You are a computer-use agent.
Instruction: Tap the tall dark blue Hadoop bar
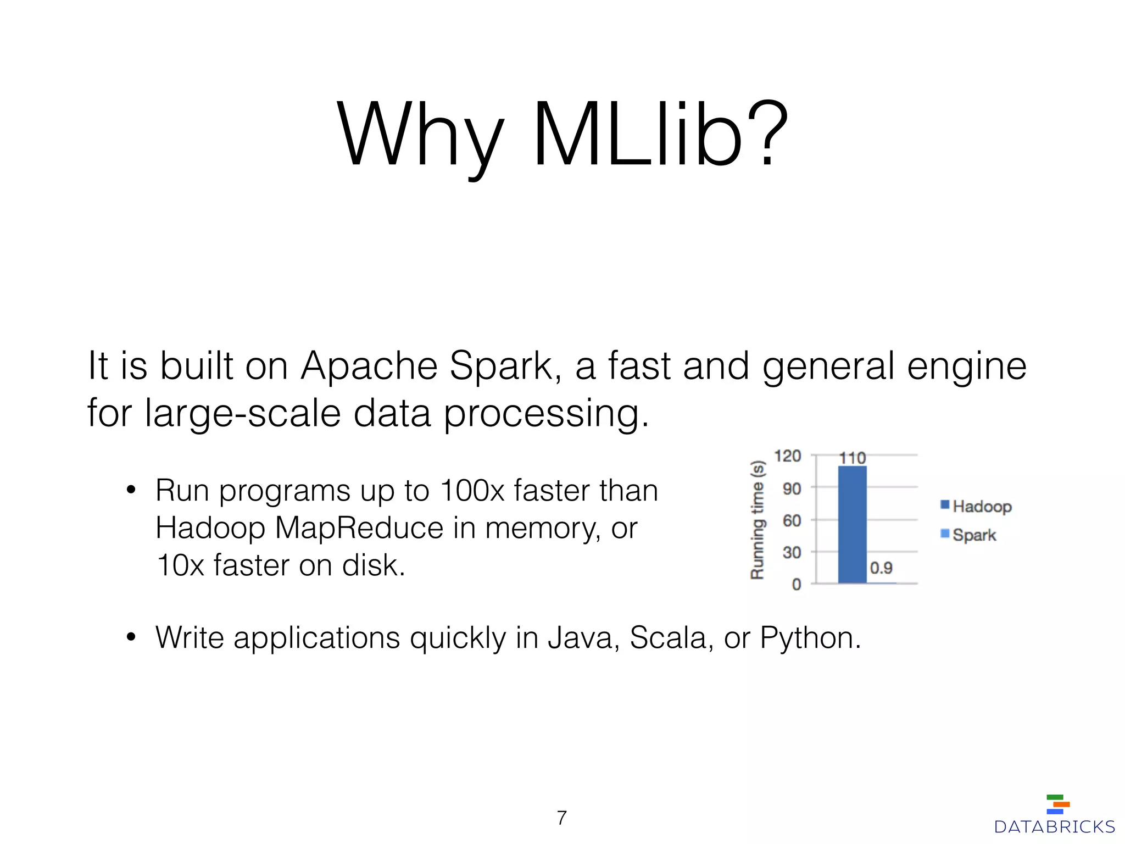[852, 525]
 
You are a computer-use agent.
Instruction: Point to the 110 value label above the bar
[852, 458]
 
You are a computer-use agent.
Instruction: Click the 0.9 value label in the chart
[881, 568]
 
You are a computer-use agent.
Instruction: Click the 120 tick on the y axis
[787, 456]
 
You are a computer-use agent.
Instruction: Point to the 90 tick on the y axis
[792, 488]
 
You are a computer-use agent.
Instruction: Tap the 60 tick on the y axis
[792, 520]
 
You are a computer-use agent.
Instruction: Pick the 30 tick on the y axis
[792, 552]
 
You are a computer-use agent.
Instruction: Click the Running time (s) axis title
[758, 520]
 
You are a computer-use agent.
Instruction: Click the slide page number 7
[561, 818]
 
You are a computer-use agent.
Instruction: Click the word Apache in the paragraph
[369, 366]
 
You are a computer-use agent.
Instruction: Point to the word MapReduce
[359, 528]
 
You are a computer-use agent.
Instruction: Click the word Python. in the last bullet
[810, 638]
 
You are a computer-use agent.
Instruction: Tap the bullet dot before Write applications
[131, 638]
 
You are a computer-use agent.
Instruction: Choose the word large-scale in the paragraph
[242, 413]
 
